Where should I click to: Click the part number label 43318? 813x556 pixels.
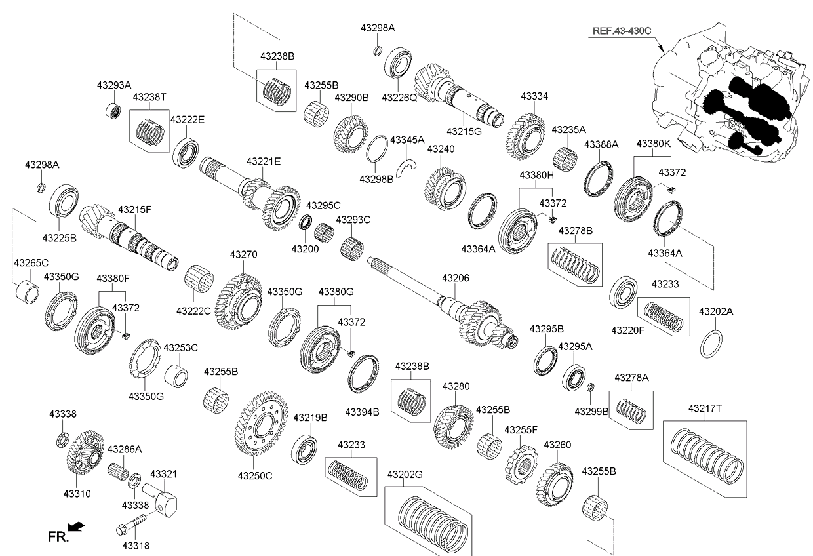click(136, 545)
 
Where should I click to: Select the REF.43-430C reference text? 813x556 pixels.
click(622, 31)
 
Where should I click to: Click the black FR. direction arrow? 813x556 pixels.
click(77, 526)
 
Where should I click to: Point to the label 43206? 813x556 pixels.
click(455, 279)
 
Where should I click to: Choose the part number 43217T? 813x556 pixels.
click(705, 408)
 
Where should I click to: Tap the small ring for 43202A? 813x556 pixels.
click(713, 344)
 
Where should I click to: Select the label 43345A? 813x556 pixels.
click(407, 140)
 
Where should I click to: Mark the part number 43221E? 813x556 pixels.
click(264, 161)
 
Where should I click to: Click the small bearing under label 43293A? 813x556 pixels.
click(113, 109)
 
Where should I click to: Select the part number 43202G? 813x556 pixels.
click(405, 474)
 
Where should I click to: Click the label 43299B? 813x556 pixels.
click(591, 412)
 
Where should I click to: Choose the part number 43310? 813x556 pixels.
click(77, 493)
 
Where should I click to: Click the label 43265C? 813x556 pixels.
click(31, 263)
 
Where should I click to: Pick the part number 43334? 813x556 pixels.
click(534, 96)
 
